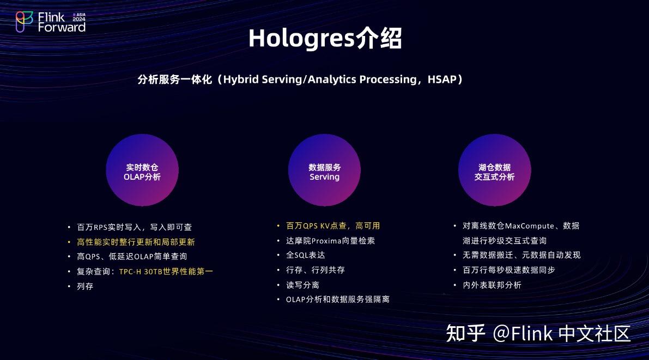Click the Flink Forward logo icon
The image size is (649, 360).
pos(23,22)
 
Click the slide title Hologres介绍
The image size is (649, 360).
pos(325,39)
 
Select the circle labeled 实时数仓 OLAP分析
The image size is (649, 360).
pos(142,172)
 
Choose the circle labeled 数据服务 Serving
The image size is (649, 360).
pos(324,172)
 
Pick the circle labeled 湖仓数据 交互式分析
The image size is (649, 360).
pos(494,172)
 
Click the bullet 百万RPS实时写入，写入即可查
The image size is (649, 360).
pos(134,227)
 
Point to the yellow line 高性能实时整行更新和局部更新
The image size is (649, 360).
pos(136,242)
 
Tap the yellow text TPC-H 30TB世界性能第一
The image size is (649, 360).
pos(166,271)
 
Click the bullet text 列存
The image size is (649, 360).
pos(85,286)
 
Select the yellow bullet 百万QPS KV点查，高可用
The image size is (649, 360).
pos(333,225)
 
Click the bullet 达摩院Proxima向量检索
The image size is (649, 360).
pos(330,240)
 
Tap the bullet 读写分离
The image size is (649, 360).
pos(302,285)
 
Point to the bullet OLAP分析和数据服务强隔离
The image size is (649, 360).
pos(337,300)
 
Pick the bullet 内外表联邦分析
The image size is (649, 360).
pos(492,285)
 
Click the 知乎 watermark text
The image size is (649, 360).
pos(465,333)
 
